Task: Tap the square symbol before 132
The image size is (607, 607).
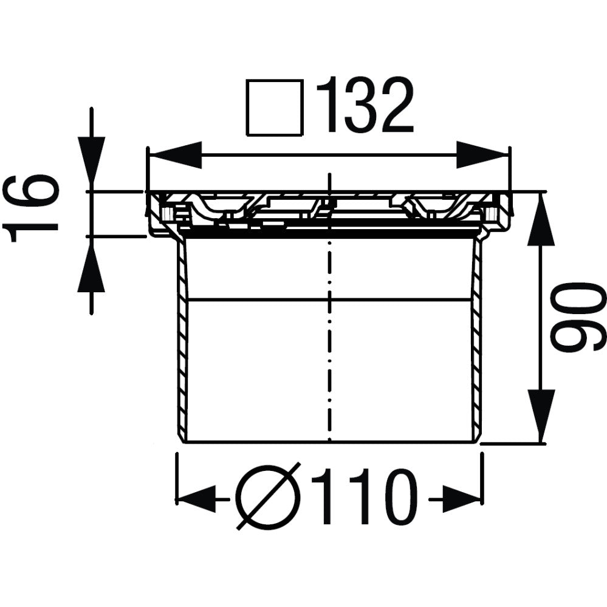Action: coord(274,108)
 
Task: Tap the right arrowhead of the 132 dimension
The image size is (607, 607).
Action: coord(481,156)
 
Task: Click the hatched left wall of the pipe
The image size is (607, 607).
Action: coord(182,340)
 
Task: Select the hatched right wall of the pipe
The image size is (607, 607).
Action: coord(477,340)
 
